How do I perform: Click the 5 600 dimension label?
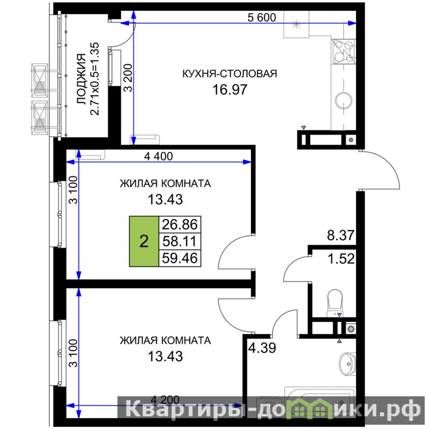point(262,18)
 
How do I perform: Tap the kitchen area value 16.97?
point(230,90)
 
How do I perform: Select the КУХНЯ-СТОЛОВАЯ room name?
point(230,73)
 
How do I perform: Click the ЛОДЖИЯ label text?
point(82,79)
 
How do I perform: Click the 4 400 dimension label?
point(158,156)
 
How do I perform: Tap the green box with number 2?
point(144,241)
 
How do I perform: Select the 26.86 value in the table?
point(180,225)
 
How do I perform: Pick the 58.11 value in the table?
point(180,241)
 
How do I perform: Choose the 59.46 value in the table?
point(180,258)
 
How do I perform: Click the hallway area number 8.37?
point(341,235)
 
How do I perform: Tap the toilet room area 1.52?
point(341,258)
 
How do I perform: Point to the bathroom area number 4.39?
point(262,348)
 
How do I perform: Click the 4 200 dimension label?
point(165,400)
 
